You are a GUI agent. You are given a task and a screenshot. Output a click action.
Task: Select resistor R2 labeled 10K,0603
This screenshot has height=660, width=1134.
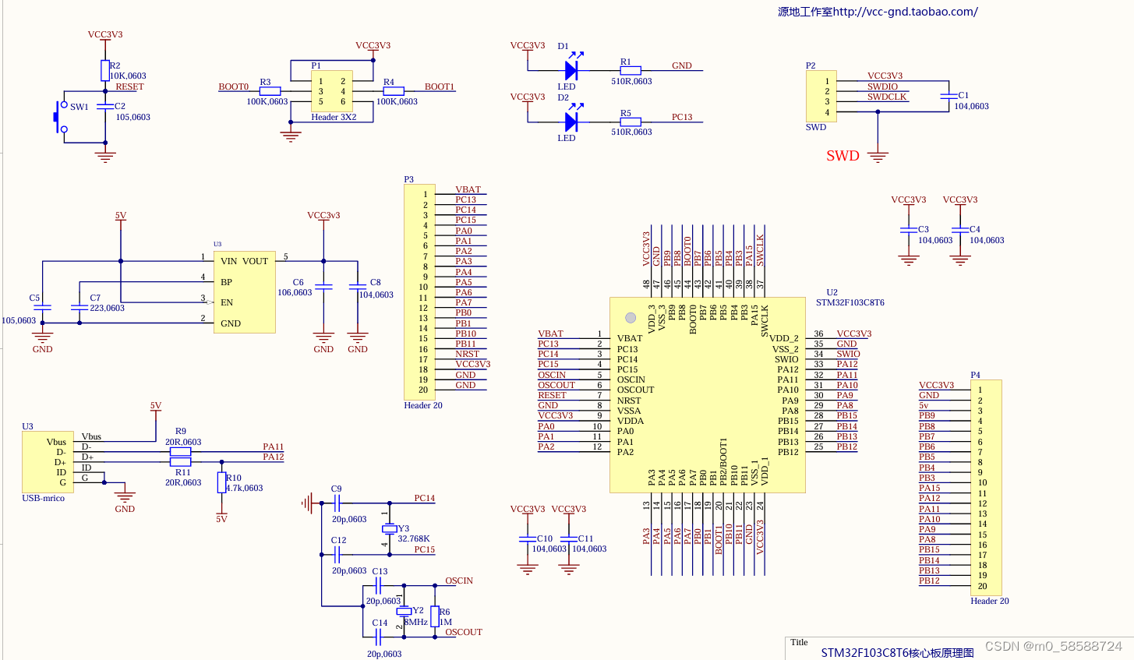(x=105, y=71)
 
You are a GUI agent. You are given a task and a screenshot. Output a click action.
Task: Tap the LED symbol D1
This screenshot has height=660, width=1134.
(x=571, y=71)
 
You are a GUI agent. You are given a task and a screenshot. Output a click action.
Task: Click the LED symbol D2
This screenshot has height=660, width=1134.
(x=571, y=122)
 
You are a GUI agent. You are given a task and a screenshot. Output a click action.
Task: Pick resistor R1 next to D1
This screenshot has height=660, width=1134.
(x=631, y=71)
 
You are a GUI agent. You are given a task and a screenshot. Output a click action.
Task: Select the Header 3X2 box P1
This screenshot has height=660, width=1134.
(x=332, y=91)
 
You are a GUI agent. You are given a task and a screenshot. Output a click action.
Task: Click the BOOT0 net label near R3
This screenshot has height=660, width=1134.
(x=233, y=86)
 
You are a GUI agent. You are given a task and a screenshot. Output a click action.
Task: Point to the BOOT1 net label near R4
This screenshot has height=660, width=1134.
(x=440, y=86)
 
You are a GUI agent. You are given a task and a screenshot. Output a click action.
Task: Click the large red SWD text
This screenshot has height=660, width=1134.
(x=843, y=156)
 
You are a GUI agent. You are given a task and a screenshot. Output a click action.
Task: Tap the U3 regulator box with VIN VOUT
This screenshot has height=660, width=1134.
(x=244, y=292)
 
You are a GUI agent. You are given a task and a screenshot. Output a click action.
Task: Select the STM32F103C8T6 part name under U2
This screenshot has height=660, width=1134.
(x=850, y=302)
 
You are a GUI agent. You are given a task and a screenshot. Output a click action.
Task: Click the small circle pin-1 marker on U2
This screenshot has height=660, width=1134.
(x=631, y=317)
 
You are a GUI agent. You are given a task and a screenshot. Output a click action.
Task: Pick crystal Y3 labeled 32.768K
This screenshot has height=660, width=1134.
(x=389, y=529)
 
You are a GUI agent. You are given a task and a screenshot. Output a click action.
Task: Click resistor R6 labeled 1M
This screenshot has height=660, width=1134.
(x=435, y=617)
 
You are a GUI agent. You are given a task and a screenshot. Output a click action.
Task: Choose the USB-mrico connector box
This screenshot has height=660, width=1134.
(x=49, y=461)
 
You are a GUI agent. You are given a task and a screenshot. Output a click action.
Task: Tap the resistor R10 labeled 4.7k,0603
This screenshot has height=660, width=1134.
(x=221, y=482)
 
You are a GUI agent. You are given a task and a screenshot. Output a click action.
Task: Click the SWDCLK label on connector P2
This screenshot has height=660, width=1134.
(x=887, y=97)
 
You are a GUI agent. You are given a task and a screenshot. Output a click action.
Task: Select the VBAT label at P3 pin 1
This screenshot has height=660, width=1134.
(x=468, y=189)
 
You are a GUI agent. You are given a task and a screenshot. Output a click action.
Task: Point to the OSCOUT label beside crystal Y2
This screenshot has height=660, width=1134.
(x=464, y=632)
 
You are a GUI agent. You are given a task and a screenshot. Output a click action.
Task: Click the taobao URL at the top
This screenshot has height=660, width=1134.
(x=878, y=12)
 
